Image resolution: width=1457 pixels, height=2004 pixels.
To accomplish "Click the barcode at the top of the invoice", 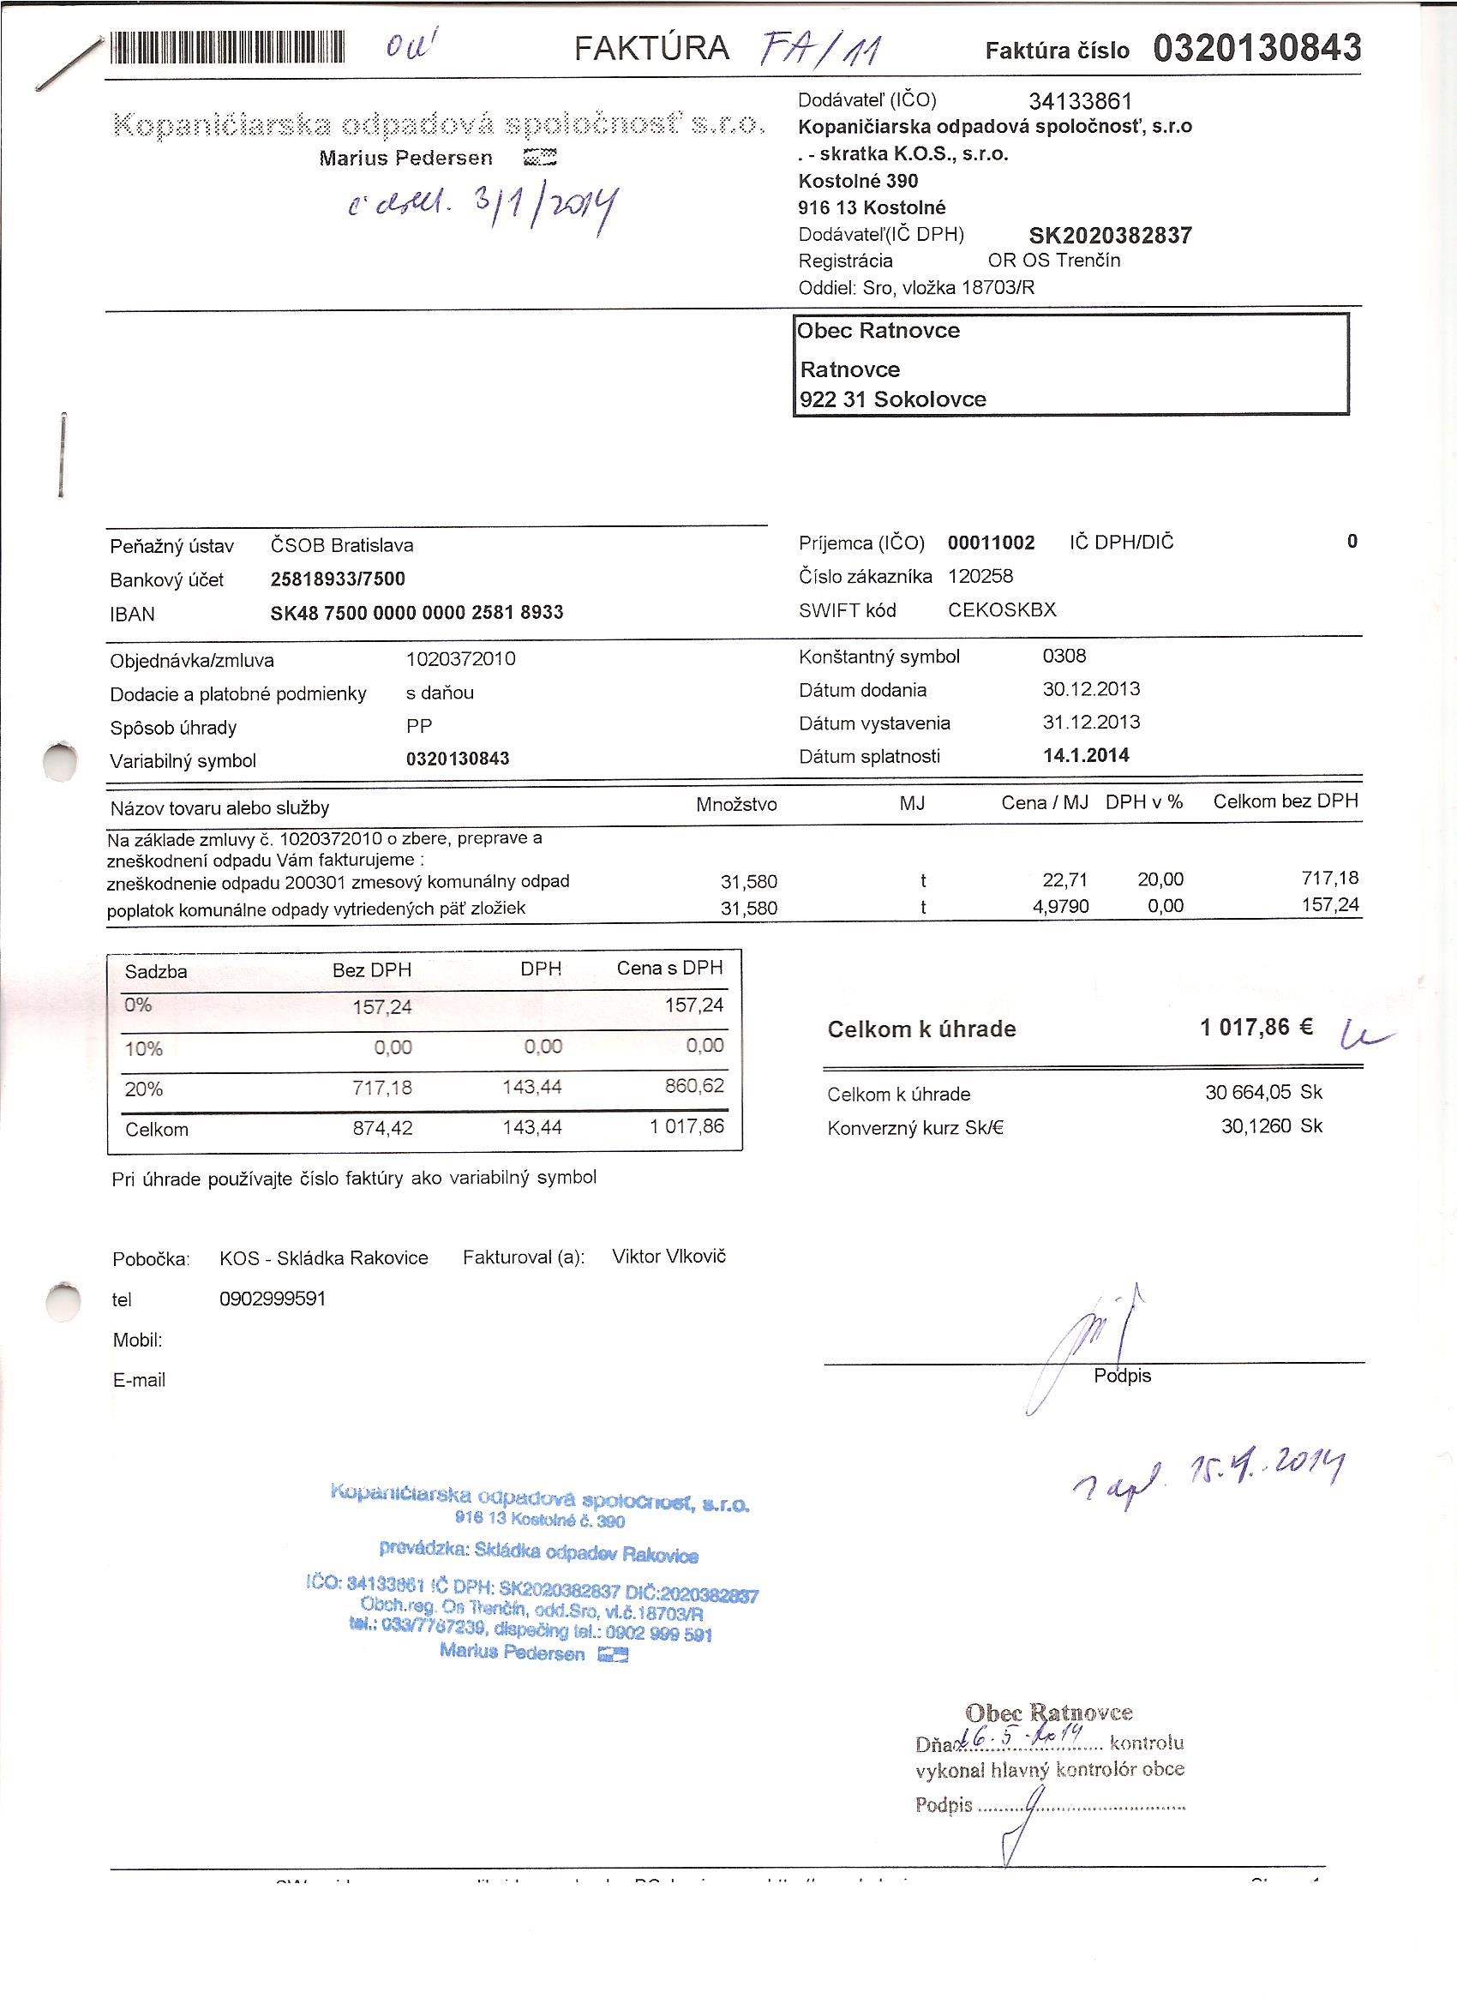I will pyautogui.click(x=226, y=48).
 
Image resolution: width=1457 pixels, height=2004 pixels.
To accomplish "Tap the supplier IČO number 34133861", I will pyautogui.click(x=1080, y=102).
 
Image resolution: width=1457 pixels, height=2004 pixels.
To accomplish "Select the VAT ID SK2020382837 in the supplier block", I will pyautogui.click(x=1111, y=235).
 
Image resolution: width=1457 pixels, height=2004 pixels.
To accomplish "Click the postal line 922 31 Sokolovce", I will pyautogui.click(x=892, y=399).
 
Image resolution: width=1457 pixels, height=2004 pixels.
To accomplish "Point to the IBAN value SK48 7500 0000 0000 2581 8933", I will pyautogui.click(x=417, y=612).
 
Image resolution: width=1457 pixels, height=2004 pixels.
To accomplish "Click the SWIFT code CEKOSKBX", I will pyautogui.click(x=1001, y=609).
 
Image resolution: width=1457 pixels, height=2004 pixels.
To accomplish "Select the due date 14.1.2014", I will pyautogui.click(x=1085, y=755).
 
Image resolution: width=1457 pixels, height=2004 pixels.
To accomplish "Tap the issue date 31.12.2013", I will pyautogui.click(x=1090, y=722).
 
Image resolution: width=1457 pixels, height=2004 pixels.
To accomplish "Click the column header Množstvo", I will pyautogui.click(x=736, y=804).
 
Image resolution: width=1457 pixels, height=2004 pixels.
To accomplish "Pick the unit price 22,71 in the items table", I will pyautogui.click(x=1064, y=880).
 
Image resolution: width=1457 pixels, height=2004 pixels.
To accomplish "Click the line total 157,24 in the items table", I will pyautogui.click(x=1330, y=905).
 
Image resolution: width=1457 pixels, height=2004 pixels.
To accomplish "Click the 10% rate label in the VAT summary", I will pyautogui.click(x=143, y=1049).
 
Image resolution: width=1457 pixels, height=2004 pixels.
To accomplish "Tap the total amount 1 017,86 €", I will pyautogui.click(x=1256, y=1027).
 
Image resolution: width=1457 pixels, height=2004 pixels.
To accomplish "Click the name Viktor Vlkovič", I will pyautogui.click(x=669, y=1257).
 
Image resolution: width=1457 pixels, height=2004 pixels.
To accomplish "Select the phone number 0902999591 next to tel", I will pyautogui.click(x=273, y=1298).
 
